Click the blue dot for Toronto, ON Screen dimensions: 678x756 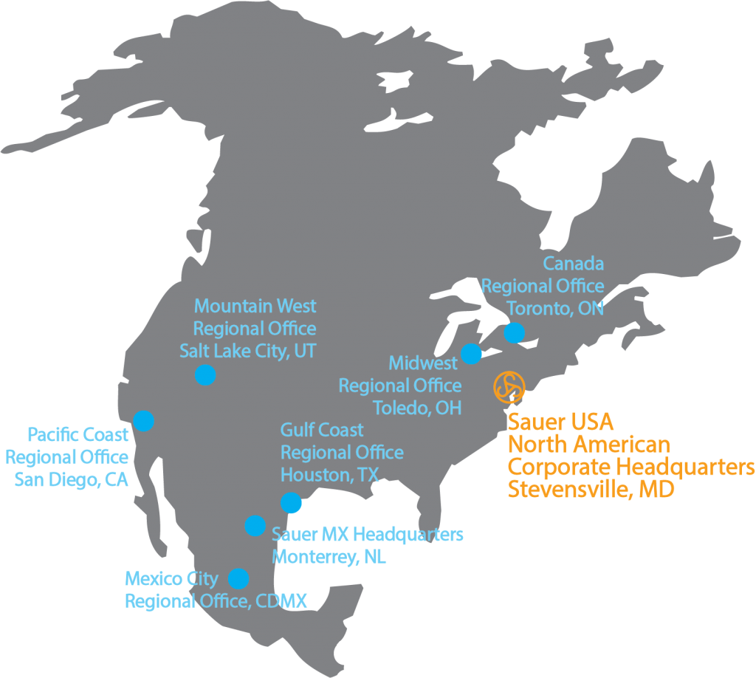click(514, 333)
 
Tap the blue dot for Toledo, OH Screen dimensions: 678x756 click(471, 354)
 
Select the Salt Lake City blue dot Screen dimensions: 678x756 click(205, 374)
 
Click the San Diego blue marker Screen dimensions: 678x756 click(143, 420)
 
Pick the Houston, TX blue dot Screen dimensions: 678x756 click(291, 503)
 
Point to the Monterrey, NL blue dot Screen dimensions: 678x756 click(255, 525)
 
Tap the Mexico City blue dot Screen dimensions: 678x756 click(238, 578)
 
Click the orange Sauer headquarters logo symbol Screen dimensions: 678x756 click(509, 386)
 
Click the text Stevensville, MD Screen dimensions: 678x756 click(591, 490)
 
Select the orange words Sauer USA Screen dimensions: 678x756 click(560, 422)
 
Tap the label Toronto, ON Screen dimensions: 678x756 click(554, 308)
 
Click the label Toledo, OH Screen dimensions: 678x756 click(417, 408)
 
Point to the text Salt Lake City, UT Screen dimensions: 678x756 click(247, 351)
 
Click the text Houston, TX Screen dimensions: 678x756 click(329, 475)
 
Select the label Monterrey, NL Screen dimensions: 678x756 click(329, 557)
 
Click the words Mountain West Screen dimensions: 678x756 click(255, 306)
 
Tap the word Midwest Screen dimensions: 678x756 click(423, 363)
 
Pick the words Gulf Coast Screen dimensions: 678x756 click(322, 430)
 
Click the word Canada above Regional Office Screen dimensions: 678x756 click(573, 264)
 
